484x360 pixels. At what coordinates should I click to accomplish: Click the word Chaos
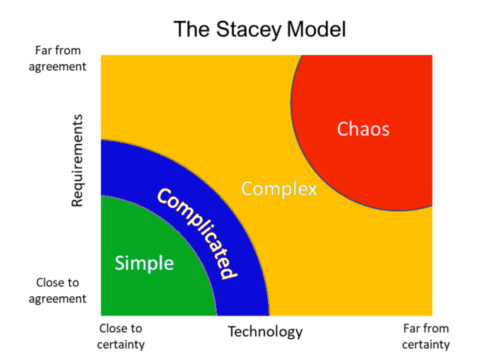(x=363, y=129)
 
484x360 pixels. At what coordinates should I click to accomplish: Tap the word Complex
(x=279, y=189)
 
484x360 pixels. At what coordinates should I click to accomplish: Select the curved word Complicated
(x=197, y=233)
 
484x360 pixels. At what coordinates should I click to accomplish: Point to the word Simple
(x=144, y=263)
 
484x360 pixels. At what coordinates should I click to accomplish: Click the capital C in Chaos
(x=343, y=129)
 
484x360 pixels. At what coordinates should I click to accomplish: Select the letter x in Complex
(x=312, y=189)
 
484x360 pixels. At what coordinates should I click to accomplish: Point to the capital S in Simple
(x=120, y=263)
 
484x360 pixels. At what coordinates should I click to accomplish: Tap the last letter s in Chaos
(x=384, y=130)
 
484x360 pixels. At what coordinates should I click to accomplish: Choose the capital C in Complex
(x=248, y=189)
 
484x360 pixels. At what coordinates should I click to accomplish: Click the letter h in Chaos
(x=355, y=129)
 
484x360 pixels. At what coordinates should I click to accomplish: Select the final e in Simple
(x=168, y=264)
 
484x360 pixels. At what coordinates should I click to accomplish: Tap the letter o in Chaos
(x=376, y=130)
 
